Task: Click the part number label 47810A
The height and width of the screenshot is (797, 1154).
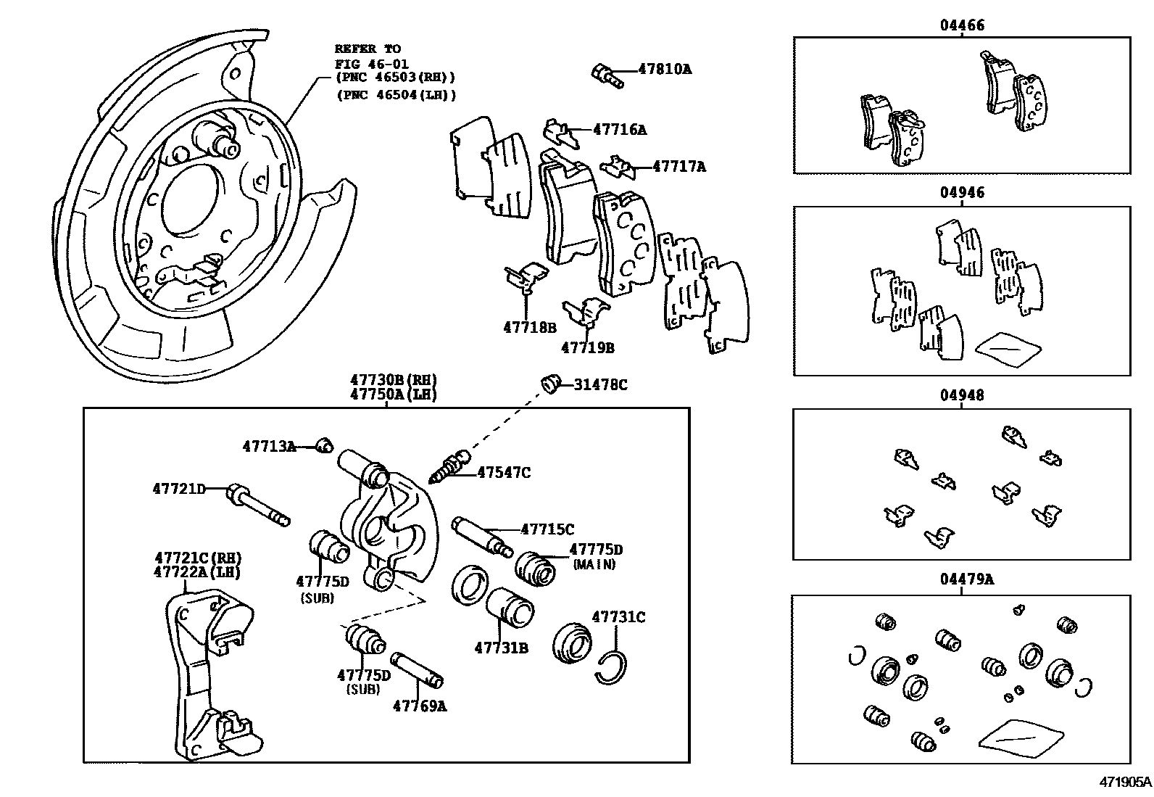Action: (x=665, y=69)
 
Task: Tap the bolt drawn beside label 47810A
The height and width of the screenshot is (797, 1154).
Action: (x=607, y=75)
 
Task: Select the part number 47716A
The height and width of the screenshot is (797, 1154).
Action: (x=620, y=129)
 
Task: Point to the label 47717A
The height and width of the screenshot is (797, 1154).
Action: (x=679, y=167)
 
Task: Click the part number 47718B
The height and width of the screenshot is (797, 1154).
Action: (x=530, y=327)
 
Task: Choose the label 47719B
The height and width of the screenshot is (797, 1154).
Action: (x=588, y=348)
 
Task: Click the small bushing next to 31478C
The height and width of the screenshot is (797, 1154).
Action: (x=550, y=384)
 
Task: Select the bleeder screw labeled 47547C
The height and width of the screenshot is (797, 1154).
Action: (x=449, y=466)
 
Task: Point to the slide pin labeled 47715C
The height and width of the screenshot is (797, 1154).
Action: (x=482, y=537)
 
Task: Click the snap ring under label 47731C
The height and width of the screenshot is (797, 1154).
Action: (x=612, y=667)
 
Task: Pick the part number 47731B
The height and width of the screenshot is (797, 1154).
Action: (x=502, y=648)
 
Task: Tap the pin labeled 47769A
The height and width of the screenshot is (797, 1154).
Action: (x=417, y=670)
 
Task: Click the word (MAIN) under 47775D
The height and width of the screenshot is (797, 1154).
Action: (x=594, y=564)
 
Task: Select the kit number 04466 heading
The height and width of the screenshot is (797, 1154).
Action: (x=962, y=25)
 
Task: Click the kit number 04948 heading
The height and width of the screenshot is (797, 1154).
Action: (x=962, y=395)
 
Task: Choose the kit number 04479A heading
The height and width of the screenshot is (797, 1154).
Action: (x=967, y=579)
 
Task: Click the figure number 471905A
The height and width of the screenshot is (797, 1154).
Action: (x=1125, y=782)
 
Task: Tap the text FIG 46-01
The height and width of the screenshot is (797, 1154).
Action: (x=371, y=64)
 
